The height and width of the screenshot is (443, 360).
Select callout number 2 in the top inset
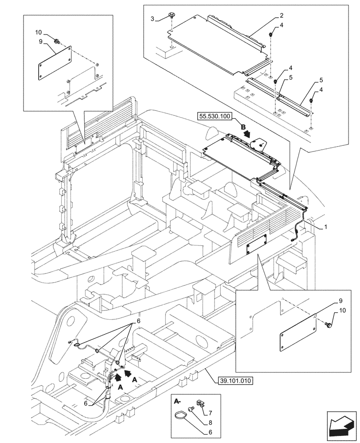(x=282, y=15)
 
